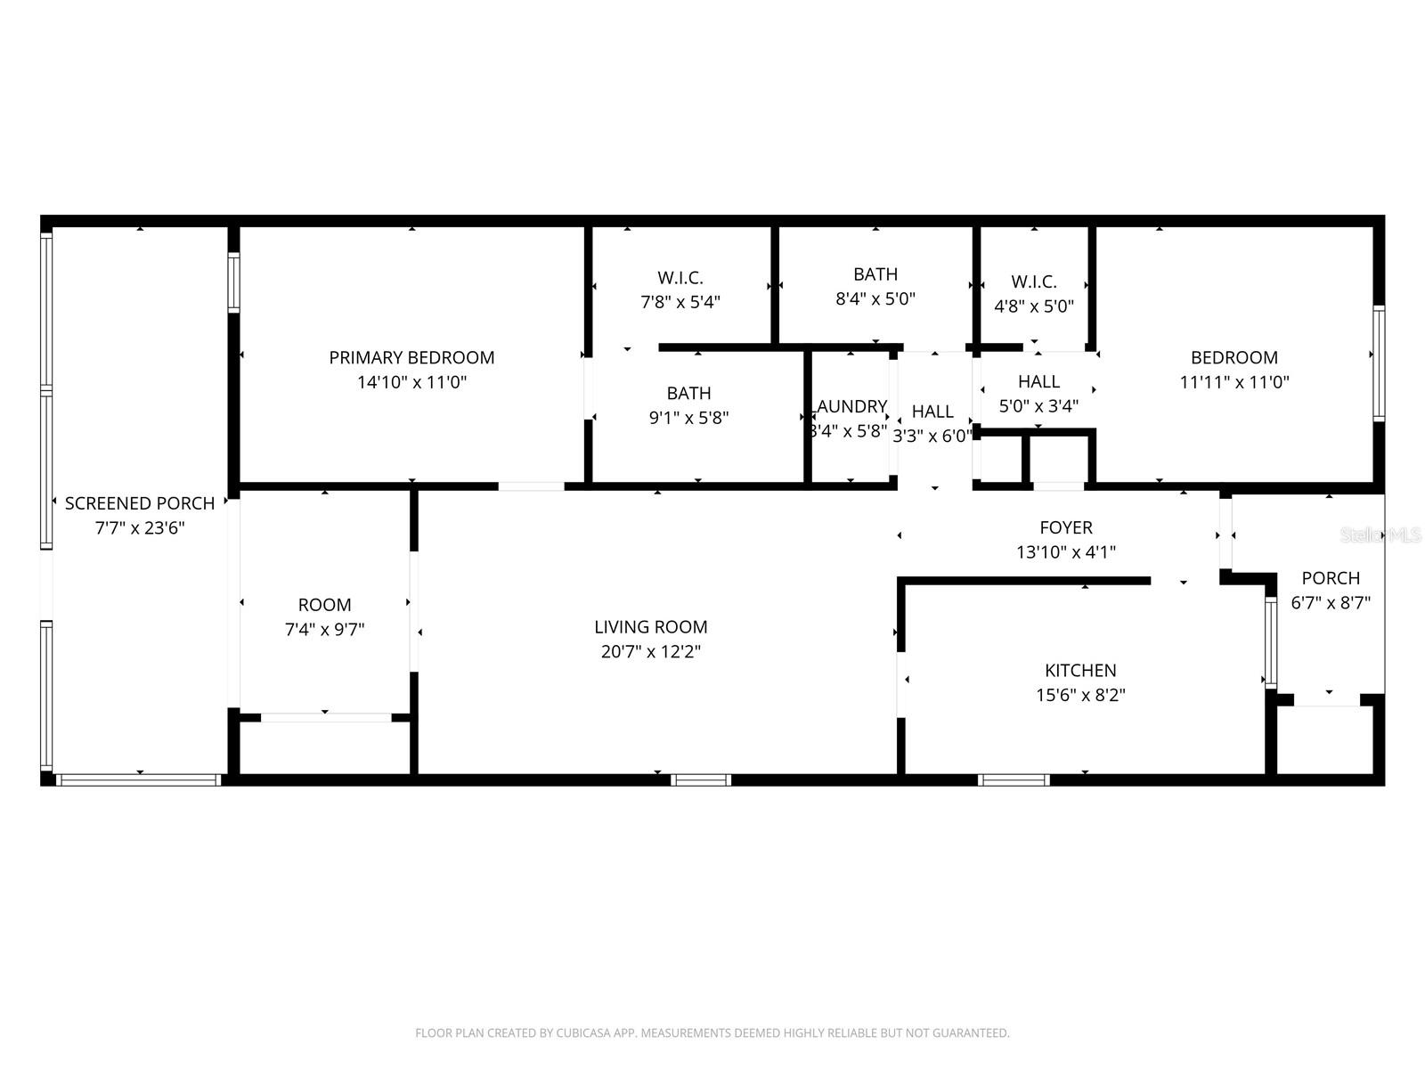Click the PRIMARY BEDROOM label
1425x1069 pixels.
(411, 357)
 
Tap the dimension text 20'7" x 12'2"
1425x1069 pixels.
(650, 651)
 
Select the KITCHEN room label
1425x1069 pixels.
(1080, 670)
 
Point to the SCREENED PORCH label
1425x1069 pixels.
(140, 503)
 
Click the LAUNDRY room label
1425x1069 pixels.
(851, 407)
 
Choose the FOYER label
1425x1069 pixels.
(1066, 527)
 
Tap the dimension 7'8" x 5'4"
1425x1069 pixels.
(680, 302)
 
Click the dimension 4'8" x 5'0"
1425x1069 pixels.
(1034, 306)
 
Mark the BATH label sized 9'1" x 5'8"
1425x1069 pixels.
(688, 393)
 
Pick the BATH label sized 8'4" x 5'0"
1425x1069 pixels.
(875, 274)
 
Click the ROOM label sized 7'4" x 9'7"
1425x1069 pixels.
(324, 605)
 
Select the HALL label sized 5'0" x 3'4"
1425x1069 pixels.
(1038, 381)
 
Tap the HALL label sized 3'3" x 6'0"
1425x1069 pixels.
(932, 412)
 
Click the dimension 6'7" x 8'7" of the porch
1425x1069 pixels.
(1331, 602)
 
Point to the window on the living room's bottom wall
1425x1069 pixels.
(701, 779)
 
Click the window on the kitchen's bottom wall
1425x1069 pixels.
(1014, 779)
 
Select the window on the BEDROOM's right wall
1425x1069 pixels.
(1378, 363)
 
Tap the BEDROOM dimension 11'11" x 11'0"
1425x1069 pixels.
(1234, 382)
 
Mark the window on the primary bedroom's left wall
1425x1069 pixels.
(233, 282)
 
